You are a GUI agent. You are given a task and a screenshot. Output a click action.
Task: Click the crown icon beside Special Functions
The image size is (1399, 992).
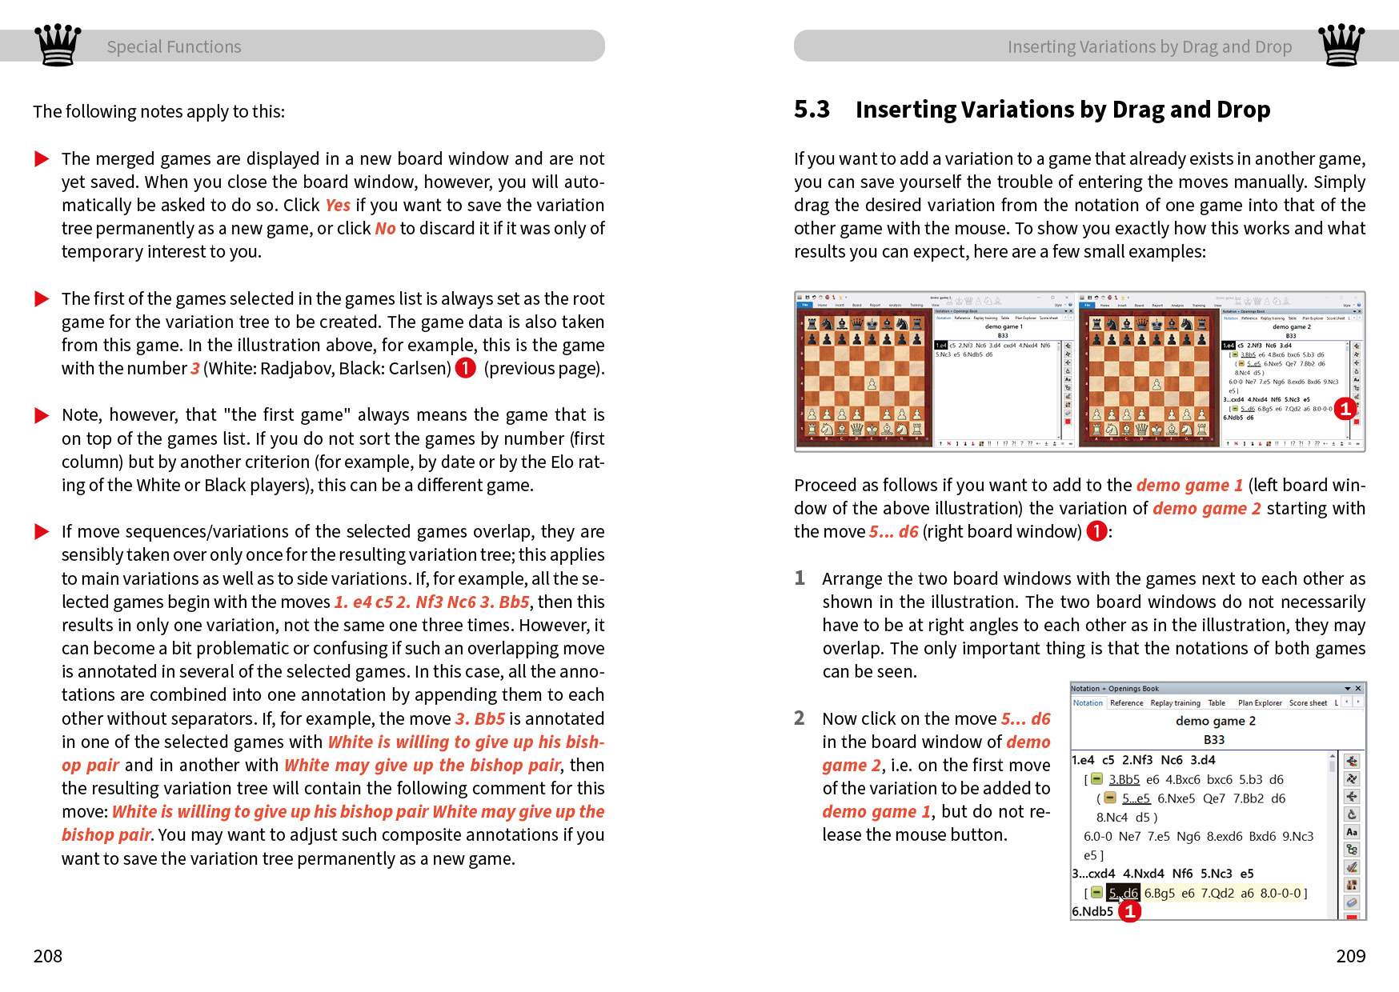click(58, 45)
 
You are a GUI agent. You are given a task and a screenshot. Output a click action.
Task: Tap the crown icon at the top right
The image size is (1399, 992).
click(1341, 45)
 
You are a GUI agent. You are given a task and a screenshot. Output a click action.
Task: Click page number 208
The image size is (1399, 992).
click(48, 956)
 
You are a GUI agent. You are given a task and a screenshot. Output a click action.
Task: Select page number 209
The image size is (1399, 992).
click(1350, 956)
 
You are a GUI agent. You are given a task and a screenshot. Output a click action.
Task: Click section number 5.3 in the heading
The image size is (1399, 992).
click(812, 110)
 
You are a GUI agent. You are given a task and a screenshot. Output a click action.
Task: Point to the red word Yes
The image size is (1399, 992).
click(338, 206)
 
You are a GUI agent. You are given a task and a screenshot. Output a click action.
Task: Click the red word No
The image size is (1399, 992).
click(385, 229)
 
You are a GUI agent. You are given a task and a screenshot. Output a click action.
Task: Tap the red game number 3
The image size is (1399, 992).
click(194, 369)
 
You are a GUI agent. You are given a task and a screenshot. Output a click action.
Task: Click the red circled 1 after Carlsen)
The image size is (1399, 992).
click(465, 368)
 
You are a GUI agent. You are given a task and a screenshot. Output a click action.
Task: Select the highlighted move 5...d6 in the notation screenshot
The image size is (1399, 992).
click(1123, 893)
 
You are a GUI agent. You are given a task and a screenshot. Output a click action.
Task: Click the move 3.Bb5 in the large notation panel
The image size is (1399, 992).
click(1124, 779)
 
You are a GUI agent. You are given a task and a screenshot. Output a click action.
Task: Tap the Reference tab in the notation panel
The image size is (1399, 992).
click(1126, 703)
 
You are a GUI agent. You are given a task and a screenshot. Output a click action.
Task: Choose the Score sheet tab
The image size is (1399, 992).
click(1308, 703)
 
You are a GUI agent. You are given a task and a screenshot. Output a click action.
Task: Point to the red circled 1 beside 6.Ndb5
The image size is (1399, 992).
click(1129, 911)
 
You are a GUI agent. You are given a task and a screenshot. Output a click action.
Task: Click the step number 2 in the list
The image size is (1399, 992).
click(799, 718)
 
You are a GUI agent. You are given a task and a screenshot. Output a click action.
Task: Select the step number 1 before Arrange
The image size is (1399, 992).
click(799, 578)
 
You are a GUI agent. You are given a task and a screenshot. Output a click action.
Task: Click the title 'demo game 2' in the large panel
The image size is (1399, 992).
click(1215, 721)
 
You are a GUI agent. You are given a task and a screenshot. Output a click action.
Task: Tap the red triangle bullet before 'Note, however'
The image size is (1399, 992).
click(42, 415)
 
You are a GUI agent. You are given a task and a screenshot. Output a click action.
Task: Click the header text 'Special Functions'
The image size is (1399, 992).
click(174, 47)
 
